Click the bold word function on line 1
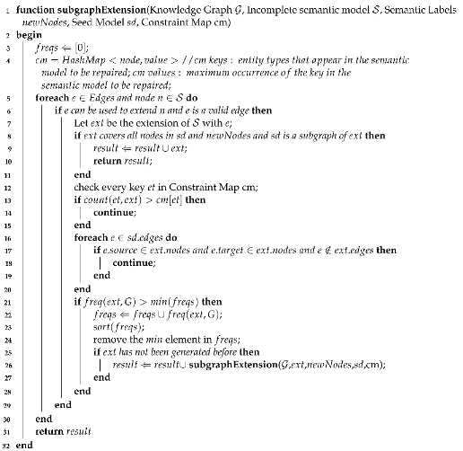tap(34, 8)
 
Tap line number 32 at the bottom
tap(6, 444)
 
